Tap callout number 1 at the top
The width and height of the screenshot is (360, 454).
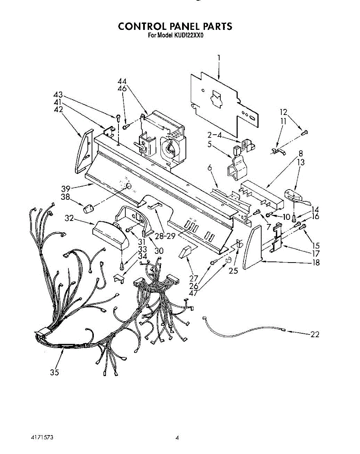click(218, 58)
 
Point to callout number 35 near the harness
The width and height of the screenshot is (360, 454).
click(55, 372)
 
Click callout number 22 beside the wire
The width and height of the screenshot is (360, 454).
click(315, 334)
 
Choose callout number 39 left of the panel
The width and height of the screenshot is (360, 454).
click(65, 188)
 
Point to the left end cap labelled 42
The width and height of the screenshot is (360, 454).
click(84, 151)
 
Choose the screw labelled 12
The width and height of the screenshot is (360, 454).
click(304, 132)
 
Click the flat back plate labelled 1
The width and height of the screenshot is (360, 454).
click(223, 102)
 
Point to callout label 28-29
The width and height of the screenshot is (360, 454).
click(165, 235)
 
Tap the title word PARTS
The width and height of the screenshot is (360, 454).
click(216, 26)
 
